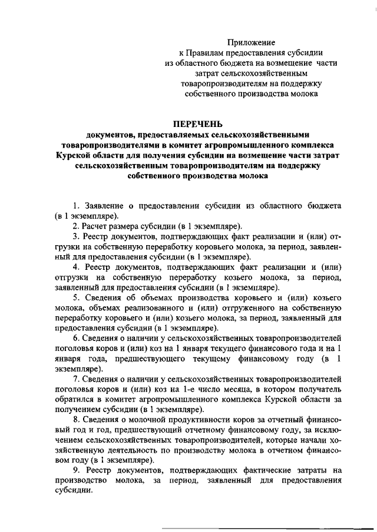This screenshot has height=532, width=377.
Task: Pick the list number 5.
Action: pyautogui.click(x=75, y=297)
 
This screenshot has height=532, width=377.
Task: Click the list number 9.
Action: pyautogui.click(x=75, y=470)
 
